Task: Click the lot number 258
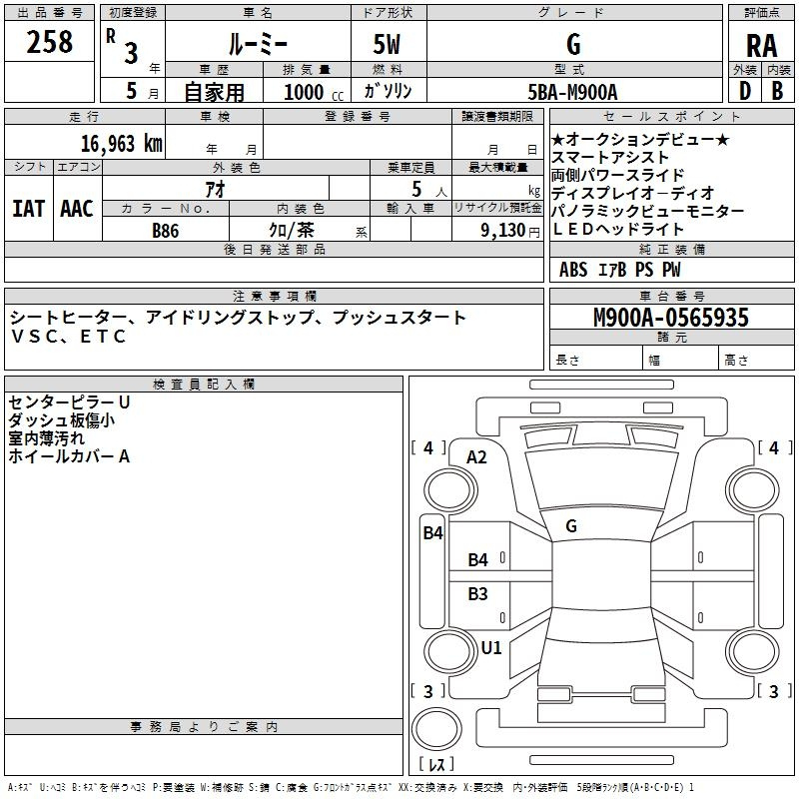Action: tap(49, 42)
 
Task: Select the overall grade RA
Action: tap(761, 46)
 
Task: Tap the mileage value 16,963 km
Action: tap(122, 144)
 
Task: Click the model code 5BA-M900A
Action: tap(572, 92)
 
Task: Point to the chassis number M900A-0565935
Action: tap(671, 318)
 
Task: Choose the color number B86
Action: tap(166, 231)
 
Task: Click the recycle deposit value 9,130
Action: tap(502, 231)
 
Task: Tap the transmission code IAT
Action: tap(28, 209)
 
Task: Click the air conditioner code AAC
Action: tap(77, 209)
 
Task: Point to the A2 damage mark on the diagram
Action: tap(476, 457)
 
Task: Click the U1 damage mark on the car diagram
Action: tap(491, 647)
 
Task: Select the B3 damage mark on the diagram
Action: tap(477, 593)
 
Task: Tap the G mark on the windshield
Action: tap(571, 526)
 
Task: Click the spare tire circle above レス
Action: tap(436, 728)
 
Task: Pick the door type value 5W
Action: tap(387, 44)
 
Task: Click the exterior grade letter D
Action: tap(745, 91)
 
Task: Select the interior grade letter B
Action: tap(777, 91)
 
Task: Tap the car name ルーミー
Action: tap(258, 44)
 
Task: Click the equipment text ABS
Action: tap(573, 270)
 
